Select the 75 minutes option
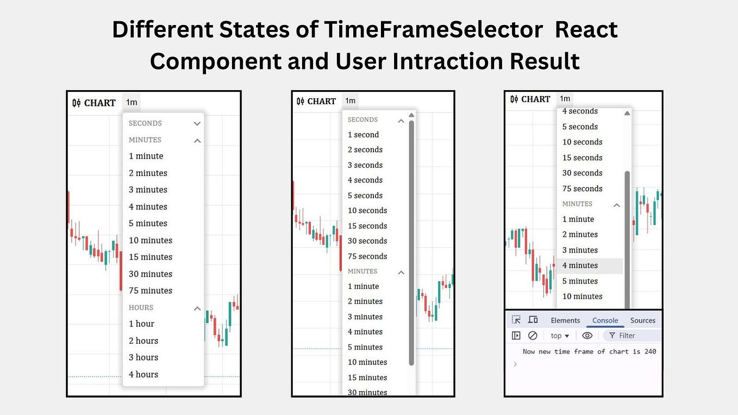point(150,291)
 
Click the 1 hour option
point(141,324)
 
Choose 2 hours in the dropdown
point(143,341)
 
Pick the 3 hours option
point(143,357)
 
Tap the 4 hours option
point(143,374)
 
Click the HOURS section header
point(141,307)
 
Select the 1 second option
point(363,135)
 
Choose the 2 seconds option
point(365,150)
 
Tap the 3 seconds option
point(365,165)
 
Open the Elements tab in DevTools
point(565,320)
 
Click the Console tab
point(605,320)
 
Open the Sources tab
point(642,320)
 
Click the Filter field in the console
point(630,336)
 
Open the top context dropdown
point(560,336)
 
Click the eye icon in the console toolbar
point(587,336)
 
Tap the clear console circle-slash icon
point(533,336)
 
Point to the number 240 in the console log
point(650,351)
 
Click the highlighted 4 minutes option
point(580,266)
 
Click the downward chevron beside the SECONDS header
point(197,124)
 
